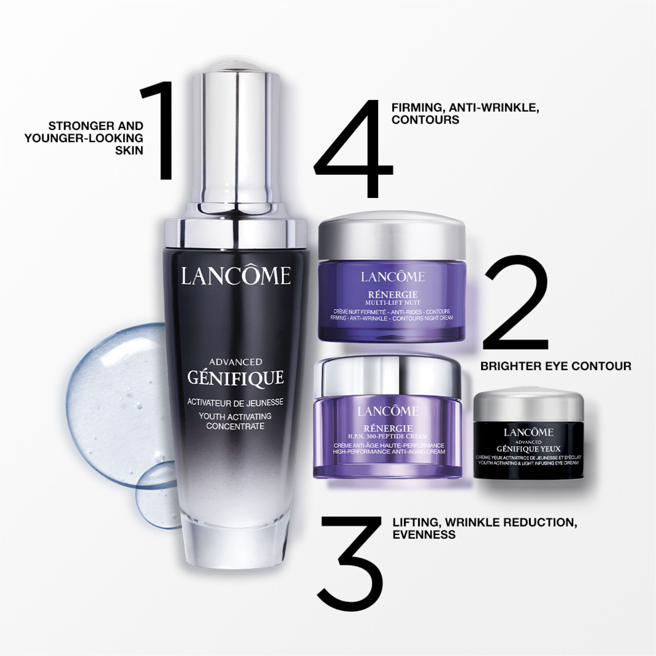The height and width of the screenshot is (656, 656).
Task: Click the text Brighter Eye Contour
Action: pos(555,366)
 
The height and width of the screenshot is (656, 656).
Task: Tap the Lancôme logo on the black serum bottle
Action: pos(236,276)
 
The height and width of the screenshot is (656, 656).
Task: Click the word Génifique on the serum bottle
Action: pos(236,378)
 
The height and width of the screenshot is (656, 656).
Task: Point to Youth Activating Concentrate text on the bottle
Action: pos(235,421)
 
